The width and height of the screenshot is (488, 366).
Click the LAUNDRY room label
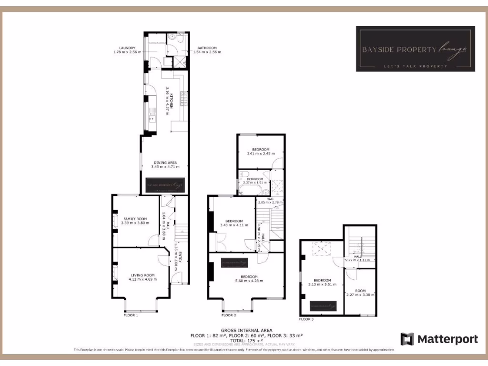click(128, 48)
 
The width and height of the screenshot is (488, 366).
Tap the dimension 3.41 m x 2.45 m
click(261, 153)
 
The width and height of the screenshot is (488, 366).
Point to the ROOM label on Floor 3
click(360, 291)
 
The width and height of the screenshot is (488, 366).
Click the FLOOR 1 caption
click(131, 315)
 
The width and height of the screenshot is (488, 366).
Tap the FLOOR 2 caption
click(229, 315)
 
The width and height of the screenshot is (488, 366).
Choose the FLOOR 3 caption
click(306, 319)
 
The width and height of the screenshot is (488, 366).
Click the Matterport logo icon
click(407, 339)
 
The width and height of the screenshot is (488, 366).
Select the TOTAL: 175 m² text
click(246, 340)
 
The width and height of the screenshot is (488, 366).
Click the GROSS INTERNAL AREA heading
click(246, 330)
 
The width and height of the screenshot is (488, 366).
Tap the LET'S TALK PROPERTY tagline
click(415, 66)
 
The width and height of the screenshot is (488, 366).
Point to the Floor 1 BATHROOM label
click(207, 48)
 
